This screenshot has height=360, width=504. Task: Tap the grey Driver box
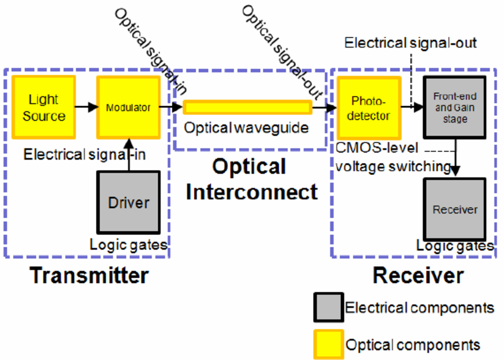(129, 202)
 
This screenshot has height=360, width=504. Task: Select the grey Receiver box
(455, 209)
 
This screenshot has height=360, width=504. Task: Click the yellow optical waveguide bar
(247, 107)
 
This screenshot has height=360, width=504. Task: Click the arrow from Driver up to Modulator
(128, 154)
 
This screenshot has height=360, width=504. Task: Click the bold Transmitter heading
(89, 276)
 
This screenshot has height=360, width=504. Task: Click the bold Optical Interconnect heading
(248, 179)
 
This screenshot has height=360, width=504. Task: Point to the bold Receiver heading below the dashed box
(417, 276)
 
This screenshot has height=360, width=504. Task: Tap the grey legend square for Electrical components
(328, 308)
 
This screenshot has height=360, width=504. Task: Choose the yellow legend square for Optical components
(328, 344)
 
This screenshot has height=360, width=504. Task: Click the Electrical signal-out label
(410, 43)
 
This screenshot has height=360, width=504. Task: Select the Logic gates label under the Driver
(129, 244)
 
